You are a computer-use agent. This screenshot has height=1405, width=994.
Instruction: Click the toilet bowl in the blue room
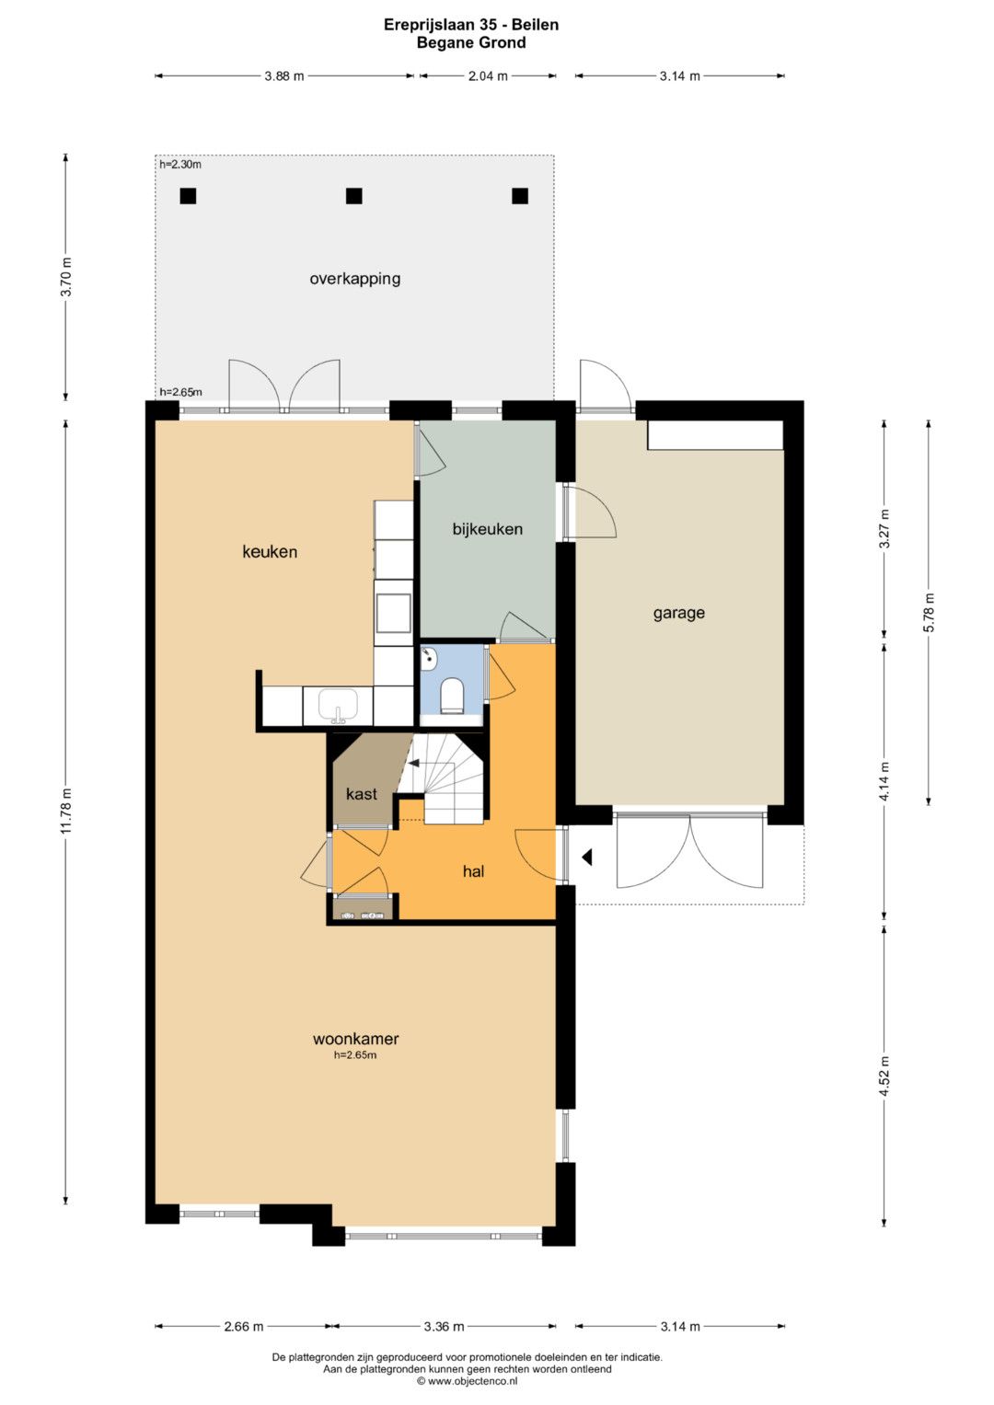coord(452,696)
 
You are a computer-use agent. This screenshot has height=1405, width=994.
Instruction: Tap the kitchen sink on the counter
coord(338,705)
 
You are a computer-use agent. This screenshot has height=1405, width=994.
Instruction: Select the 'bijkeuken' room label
coord(488,529)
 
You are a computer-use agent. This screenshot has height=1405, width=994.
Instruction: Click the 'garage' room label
coord(678,613)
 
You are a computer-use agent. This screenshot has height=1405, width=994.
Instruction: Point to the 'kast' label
coord(362,794)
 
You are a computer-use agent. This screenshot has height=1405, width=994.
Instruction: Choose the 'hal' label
coord(473,871)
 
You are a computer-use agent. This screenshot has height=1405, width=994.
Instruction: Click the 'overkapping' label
coord(354,279)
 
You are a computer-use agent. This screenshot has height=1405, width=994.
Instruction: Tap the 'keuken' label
coord(270,552)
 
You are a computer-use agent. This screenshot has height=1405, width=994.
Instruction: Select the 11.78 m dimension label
coord(66,811)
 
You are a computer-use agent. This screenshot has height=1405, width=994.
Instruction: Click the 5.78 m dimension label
coord(930,612)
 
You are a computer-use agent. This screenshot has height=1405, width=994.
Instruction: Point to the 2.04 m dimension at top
coord(488,76)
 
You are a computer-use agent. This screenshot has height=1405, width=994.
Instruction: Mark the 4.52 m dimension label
coord(884,1077)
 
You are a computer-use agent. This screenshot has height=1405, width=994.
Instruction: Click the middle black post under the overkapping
coord(354,196)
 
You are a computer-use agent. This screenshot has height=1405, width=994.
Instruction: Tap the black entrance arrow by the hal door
coord(587,857)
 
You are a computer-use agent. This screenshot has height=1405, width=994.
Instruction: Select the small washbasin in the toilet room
coord(429,658)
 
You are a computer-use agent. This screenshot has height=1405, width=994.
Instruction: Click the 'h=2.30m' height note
coord(180,165)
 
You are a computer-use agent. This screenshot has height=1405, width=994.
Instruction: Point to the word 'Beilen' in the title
coord(535,25)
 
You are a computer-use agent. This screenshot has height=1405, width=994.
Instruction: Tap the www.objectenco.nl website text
coord(472,1380)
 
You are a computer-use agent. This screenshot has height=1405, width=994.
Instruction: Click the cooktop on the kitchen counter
coord(393,613)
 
